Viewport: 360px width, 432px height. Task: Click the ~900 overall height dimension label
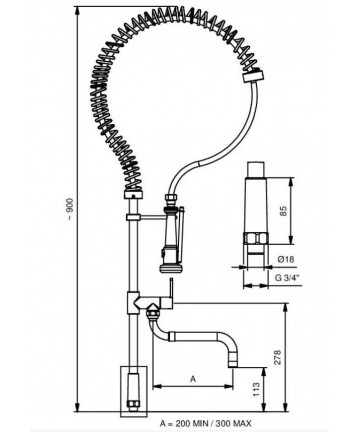[x=69, y=209]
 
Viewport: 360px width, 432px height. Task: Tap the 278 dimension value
[x=279, y=357]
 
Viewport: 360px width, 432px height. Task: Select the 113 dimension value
[x=257, y=389]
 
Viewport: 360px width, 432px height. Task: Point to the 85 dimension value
[x=283, y=211]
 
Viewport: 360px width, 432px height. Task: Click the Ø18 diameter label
[x=286, y=259]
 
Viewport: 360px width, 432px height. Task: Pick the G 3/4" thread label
[x=287, y=277]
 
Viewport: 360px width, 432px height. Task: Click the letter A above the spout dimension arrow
[x=193, y=379]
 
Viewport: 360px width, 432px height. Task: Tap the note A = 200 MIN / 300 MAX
[x=206, y=423]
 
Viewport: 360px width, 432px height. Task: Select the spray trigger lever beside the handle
[x=180, y=233]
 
